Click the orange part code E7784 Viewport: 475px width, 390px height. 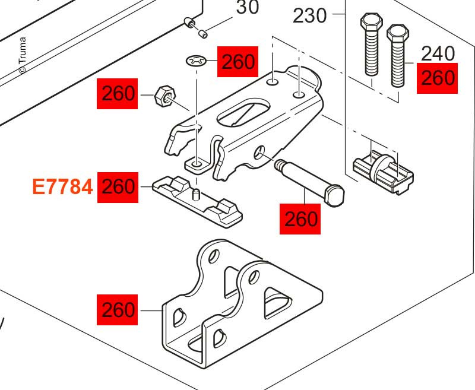(62, 187)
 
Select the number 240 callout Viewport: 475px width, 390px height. (438, 54)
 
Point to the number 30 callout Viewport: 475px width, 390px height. (248, 8)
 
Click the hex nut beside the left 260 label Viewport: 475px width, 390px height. (164, 96)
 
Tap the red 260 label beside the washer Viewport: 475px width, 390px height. (238, 62)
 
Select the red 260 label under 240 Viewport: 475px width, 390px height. (438, 78)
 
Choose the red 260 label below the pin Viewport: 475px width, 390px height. (300, 219)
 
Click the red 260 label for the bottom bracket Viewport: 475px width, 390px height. (118, 309)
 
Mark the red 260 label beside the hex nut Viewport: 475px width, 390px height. (118, 94)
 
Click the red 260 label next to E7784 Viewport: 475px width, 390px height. (118, 187)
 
